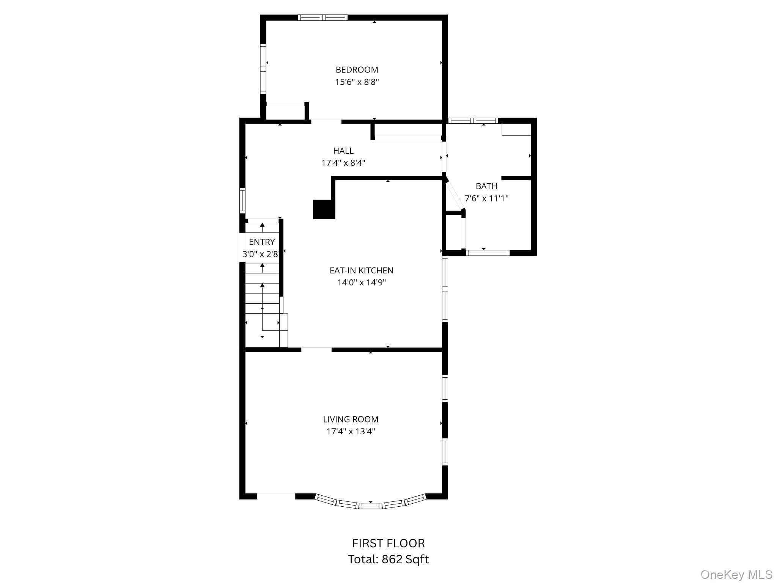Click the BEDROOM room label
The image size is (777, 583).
click(x=357, y=70)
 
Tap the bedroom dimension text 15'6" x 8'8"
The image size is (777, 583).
click(x=357, y=82)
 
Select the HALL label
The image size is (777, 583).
click(x=343, y=151)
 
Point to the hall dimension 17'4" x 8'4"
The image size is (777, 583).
click(x=343, y=163)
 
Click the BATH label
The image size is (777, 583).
click(x=486, y=186)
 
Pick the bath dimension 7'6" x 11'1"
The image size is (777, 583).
click(x=486, y=198)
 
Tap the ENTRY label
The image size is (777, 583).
click(x=262, y=242)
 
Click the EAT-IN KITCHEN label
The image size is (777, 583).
click(x=362, y=271)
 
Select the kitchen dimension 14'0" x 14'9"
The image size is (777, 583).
click(x=362, y=282)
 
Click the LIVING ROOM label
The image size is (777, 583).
click(x=351, y=419)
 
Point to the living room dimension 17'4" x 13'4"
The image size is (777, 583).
click(x=351, y=431)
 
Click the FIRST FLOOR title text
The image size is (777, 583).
click(x=388, y=543)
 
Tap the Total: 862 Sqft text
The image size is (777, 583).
click(x=388, y=559)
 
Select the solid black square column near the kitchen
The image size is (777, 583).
click(x=324, y=209)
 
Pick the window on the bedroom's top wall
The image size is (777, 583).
click(x=322, y=17)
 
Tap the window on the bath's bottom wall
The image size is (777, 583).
click(x=488, y=252)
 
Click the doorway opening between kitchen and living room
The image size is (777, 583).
click(x=316, y=349)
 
